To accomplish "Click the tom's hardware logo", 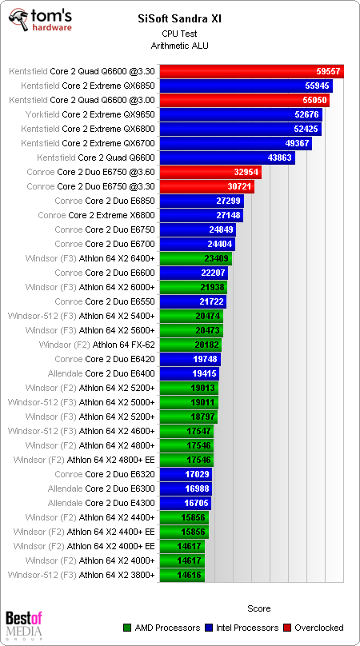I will coord(39,18).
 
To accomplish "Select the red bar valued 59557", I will coord(251,71).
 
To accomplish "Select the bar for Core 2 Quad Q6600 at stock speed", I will coord(227,158).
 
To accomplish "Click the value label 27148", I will coord(230,215).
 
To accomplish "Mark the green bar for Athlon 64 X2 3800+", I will coord(182,575).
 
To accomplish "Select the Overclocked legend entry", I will coord(319,628).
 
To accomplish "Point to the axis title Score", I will coord(258,608).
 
